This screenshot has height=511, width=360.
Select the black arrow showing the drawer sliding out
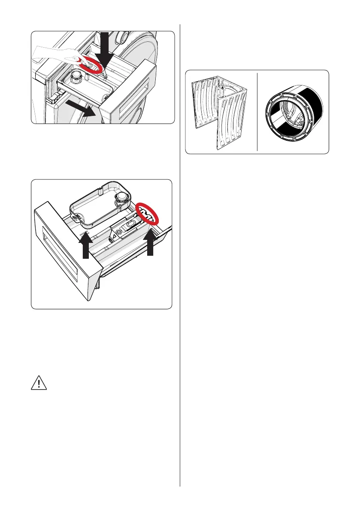click(82, 107)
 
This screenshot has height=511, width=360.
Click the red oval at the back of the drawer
click(147, 213)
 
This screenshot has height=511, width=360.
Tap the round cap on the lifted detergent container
click(121, 197)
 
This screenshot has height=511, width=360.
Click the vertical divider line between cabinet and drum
click(257, 112)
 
